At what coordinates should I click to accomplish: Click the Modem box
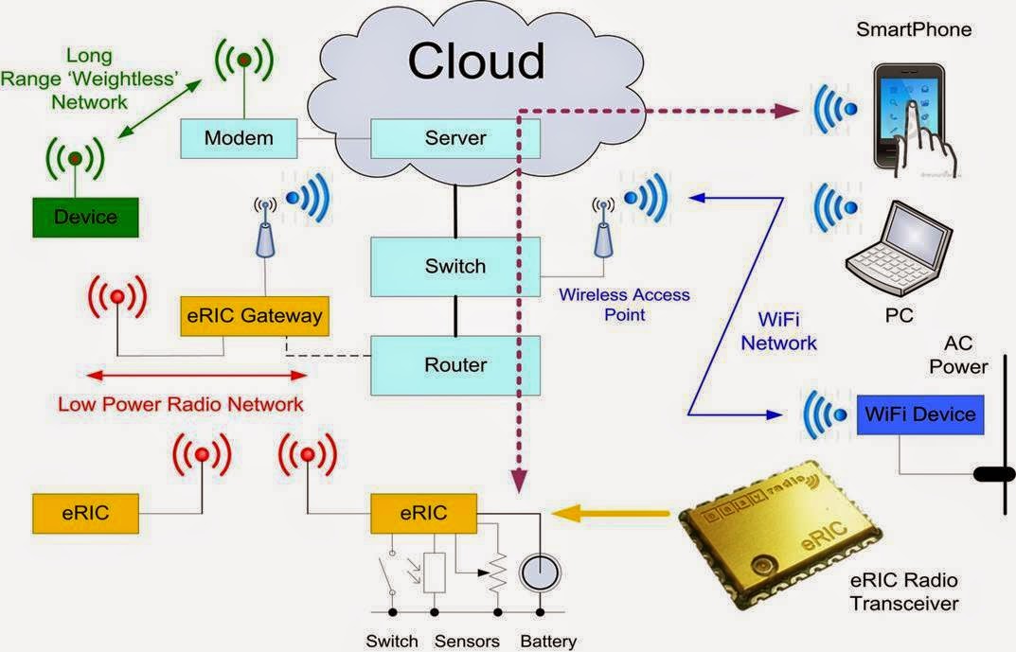239,138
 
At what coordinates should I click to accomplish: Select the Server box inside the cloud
455,138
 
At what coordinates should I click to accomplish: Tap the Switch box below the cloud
455,267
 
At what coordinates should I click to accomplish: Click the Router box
455,365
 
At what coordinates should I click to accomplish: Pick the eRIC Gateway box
255,316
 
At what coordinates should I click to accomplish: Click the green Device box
85,218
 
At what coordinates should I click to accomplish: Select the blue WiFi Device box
920,414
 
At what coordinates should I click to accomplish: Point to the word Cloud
476,61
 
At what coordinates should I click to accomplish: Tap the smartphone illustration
914,120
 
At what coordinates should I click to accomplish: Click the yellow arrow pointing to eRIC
610,514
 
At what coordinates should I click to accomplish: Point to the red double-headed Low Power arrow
197,376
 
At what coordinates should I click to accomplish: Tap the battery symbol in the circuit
540,573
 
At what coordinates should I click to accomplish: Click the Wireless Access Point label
625,305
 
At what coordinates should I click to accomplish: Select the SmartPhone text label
914,29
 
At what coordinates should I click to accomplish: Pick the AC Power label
958,355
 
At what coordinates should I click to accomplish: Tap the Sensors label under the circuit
467,641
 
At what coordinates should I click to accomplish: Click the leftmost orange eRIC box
85,514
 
